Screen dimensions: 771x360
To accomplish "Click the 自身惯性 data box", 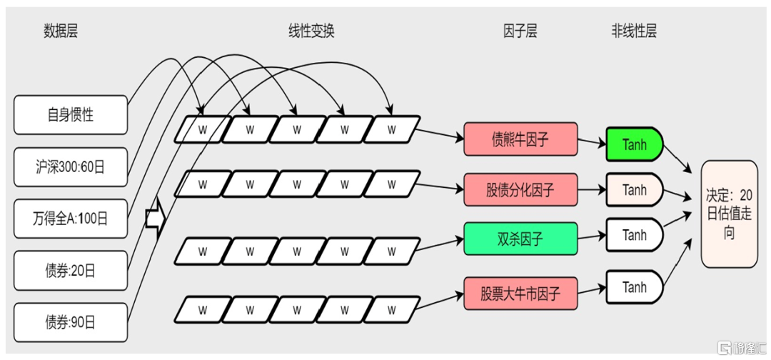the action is (x=70, y=114).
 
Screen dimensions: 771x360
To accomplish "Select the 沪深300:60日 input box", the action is (x=70, y=166).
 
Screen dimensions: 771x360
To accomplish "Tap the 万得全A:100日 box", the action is (x=70, y=219).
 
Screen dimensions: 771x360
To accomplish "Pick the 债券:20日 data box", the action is (x=70, y=270).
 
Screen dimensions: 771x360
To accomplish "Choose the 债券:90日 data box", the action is (x=70, y=323).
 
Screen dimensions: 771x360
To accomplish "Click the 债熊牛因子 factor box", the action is (x=520, y=139).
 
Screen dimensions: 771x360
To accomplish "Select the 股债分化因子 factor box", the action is (x=520, y=189).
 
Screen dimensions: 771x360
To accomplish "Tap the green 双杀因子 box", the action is (x=520, y=239).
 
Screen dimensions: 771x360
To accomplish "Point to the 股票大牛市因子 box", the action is (x=520, y=294).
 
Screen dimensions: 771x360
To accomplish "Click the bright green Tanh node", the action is (x=635, y=144).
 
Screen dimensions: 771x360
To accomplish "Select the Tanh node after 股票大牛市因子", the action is (x=635, y=286).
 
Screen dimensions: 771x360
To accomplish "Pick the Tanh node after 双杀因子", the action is (x=635, y=234).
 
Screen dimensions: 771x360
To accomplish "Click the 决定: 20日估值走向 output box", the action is (x=729, y=214).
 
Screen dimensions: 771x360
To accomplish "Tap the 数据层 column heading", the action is (x=61, y=32).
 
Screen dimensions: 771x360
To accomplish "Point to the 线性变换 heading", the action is (x=311, y=32).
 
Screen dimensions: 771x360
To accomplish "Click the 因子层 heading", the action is (x=520, y=32).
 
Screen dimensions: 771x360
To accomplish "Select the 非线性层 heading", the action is (x=634, y=32).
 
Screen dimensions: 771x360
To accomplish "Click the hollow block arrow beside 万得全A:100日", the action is (x=153, y=219).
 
